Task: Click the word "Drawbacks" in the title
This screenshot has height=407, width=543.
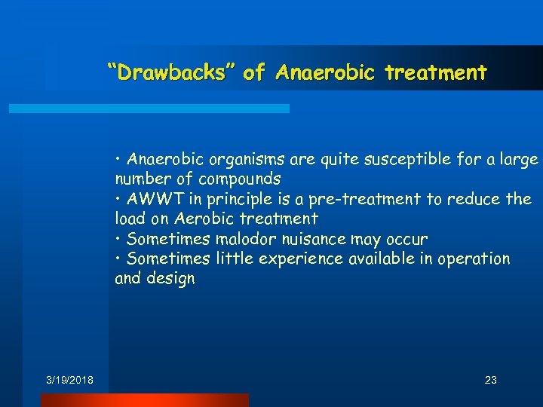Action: point(171,73)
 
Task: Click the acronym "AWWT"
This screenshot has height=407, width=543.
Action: point(156,199)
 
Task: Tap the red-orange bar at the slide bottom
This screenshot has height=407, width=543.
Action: point(144,400)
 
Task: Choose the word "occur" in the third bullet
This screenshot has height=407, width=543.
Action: point(408,239)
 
